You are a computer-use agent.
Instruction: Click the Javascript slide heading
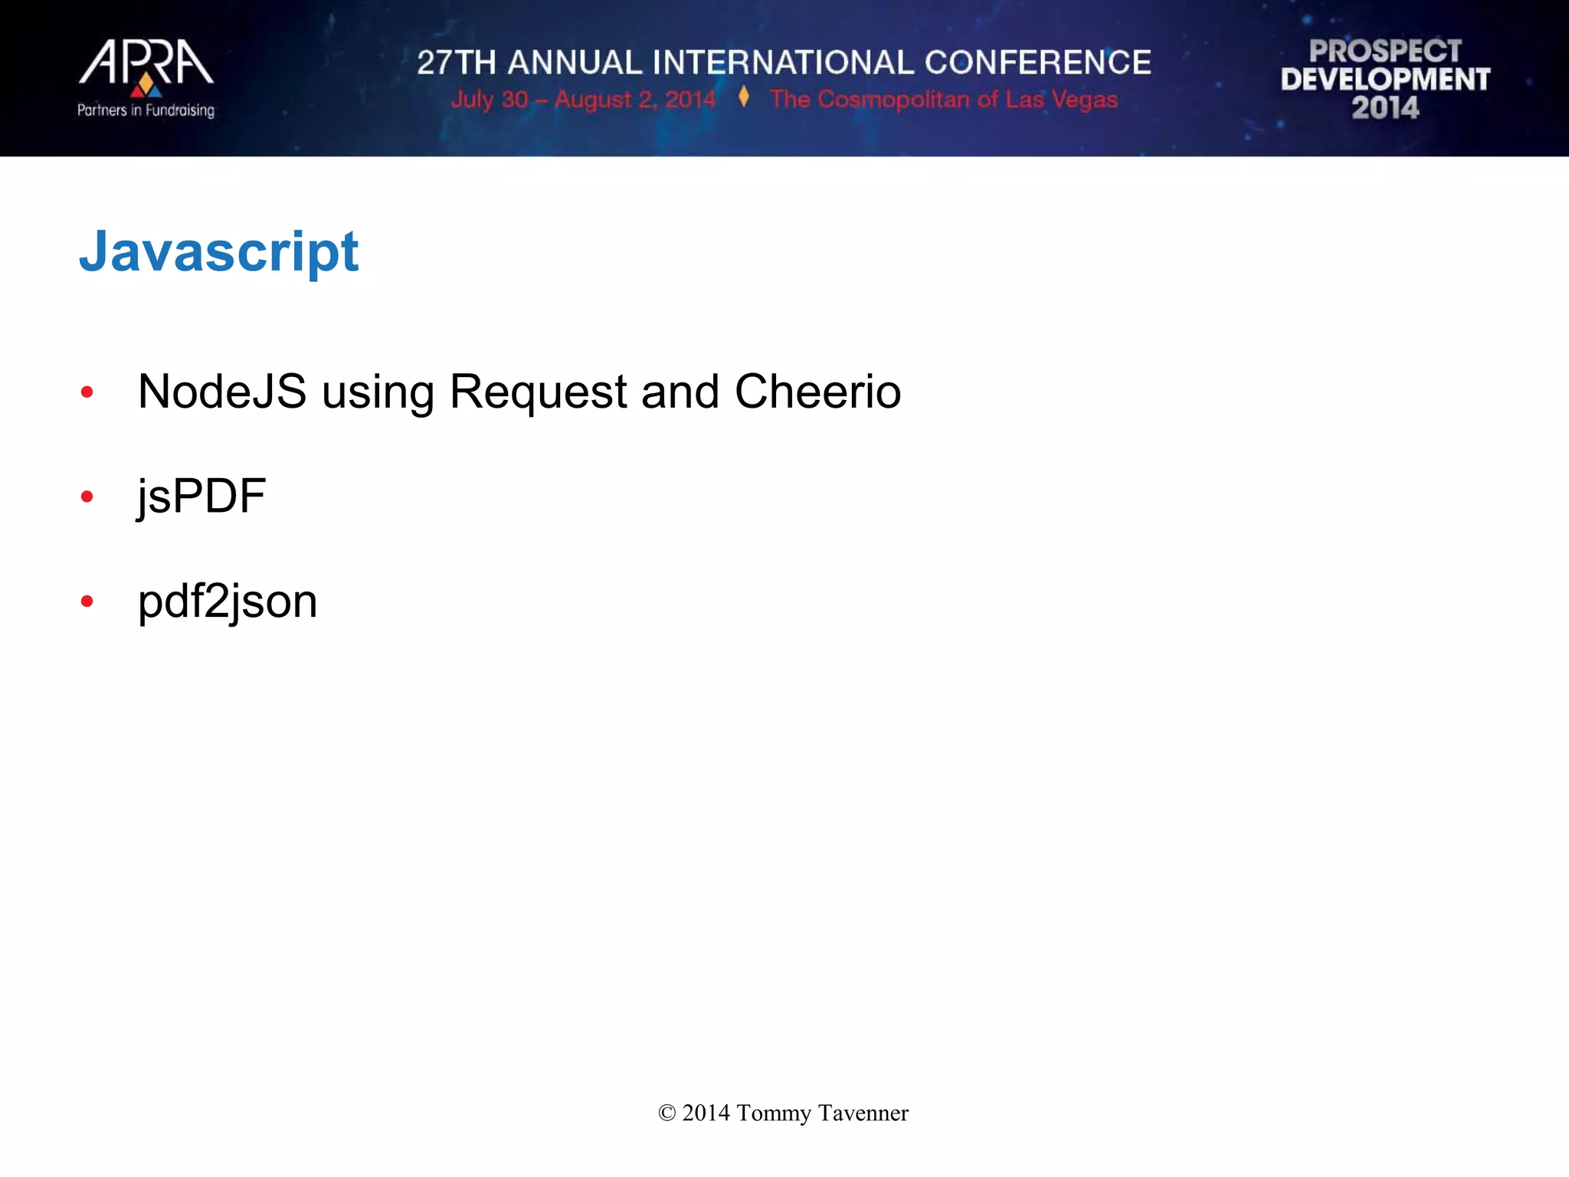pos(219,252)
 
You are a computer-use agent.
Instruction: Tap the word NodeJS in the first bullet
pos(222,392)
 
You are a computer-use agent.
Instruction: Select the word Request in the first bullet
pos(538,393)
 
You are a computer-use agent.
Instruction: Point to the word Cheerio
pos(817,392)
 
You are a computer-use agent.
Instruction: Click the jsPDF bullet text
pos(201,497)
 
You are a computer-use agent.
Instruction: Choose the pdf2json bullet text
pos(228,602)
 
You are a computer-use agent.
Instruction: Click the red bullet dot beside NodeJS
pos(87,392)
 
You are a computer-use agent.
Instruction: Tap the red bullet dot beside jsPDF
pos(87,497)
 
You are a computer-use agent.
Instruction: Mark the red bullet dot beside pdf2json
pos(87,602)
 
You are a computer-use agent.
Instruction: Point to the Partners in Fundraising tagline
pos(146,110)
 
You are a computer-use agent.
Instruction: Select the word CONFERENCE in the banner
pos(1037,63)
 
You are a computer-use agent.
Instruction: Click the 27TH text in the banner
pos(457,63)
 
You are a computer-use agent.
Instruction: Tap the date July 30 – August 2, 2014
pos(582,100)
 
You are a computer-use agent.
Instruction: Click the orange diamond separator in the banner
pos(743,97)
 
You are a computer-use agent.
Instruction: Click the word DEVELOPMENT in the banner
pos(1385,80)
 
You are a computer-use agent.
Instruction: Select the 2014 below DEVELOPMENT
pos(1385,108)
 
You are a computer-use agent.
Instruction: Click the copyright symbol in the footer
pos(667,1113)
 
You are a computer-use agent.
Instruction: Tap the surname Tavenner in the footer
pos(863,1113)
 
